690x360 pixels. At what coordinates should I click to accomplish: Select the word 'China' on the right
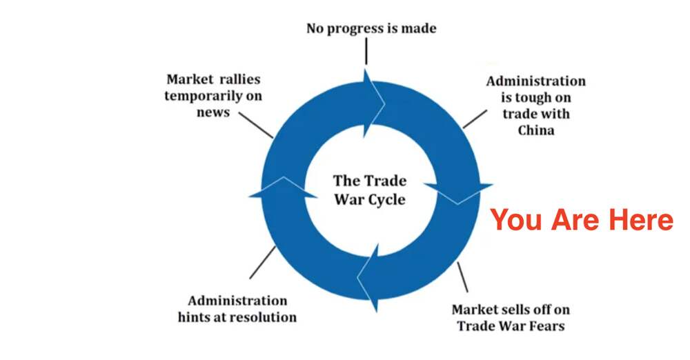tap(535, 130)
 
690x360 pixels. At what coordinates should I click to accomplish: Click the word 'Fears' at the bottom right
tap(544, 326)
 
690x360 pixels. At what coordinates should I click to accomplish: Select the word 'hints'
tap(195, 317)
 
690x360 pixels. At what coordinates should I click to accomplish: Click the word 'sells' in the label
tap(513, 309)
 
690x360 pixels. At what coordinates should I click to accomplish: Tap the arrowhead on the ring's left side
tap(279, 189)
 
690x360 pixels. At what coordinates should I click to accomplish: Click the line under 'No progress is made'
tap(366, 52)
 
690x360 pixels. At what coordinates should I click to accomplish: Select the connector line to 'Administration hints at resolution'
tap(263, 263)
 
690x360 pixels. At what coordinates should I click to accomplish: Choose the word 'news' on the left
tap(213, 112)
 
